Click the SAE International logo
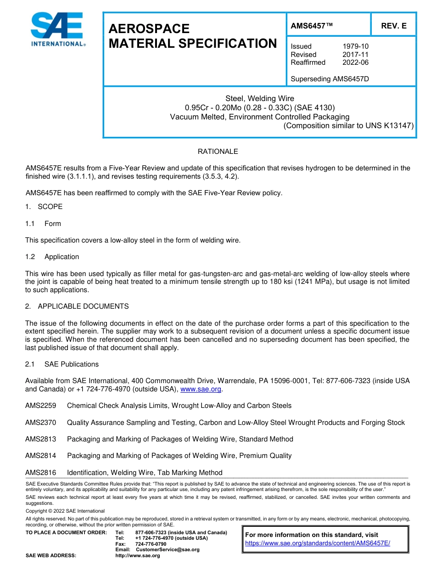coord(57,29)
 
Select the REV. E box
coord(393,26)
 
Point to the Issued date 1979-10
coord(355,46)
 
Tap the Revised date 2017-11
coord(355,55)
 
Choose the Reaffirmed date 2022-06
coord(355,62)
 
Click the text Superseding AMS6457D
coord(330,79)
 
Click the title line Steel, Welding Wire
coord(259,99)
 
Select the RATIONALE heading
coord(218,152)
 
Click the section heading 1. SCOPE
coord(44,207)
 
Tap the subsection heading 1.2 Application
coord(52,257)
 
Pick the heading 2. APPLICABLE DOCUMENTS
coord(77,306)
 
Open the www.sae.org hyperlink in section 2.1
coord(201,389)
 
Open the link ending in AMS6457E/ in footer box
coord(317,543)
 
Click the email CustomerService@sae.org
coord(168,550)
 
